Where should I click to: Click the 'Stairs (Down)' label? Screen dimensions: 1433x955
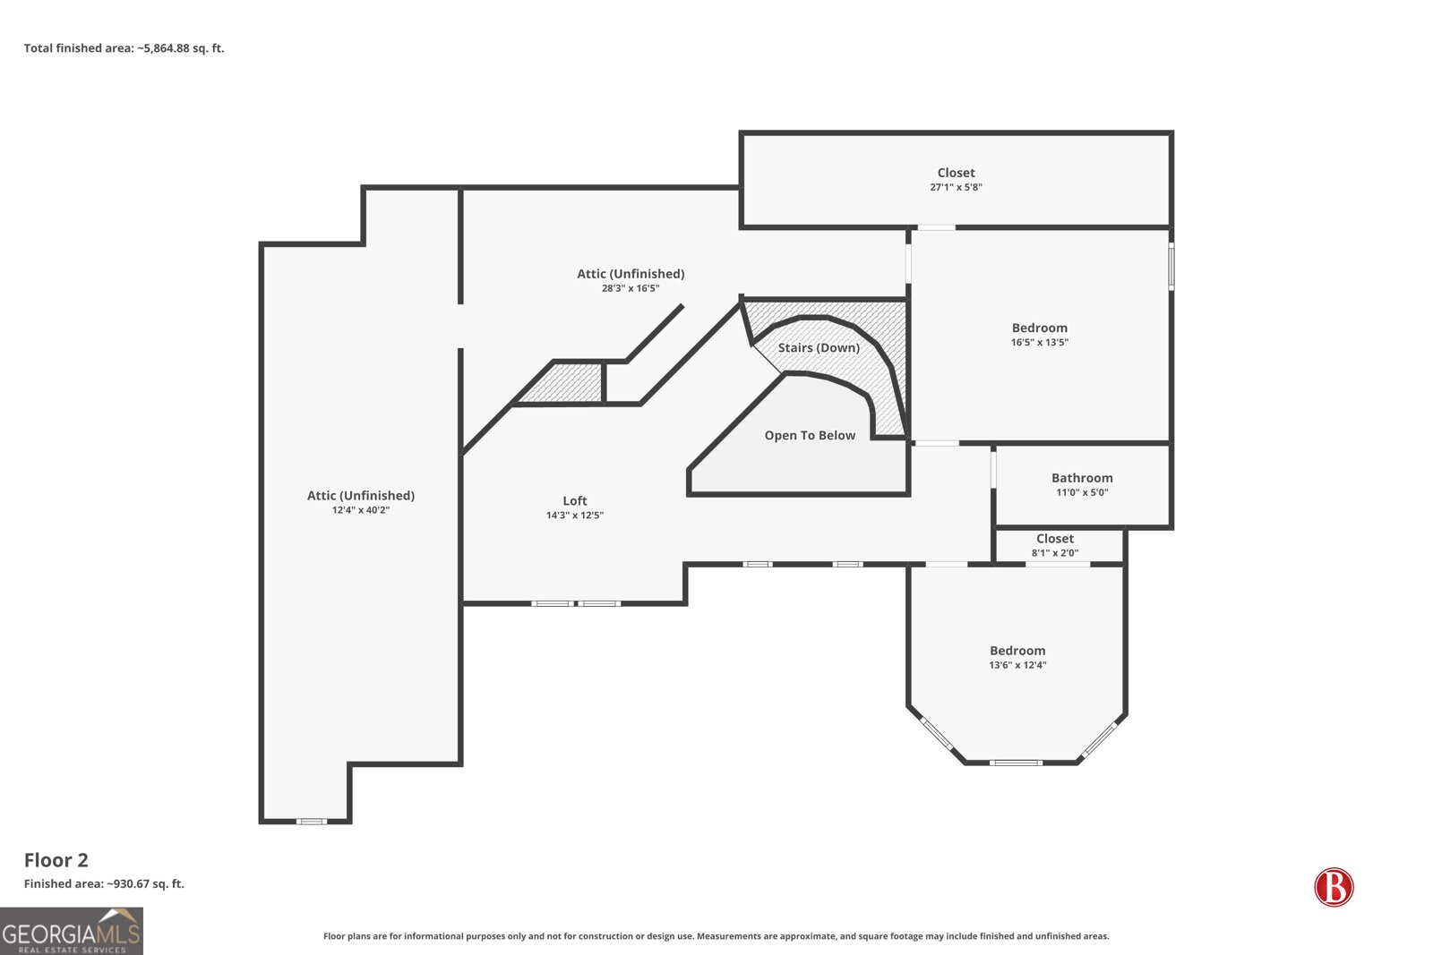819,348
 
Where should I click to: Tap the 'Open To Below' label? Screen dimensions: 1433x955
810,435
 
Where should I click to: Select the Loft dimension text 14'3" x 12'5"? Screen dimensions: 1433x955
574,516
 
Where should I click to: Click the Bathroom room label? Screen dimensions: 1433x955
1082,478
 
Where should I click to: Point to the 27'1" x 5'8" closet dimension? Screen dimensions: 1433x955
956,187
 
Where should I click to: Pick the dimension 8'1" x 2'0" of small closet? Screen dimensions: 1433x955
1055,553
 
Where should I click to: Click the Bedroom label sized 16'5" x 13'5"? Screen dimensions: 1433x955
1040,328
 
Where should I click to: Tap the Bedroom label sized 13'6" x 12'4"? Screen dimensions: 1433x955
1017,651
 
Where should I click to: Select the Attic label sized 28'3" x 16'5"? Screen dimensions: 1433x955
631,274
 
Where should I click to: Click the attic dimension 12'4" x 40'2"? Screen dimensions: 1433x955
361,510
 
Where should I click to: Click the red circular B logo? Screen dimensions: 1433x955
1334,887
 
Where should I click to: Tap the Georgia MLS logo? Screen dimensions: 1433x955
72,931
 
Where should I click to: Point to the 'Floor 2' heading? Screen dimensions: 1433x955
56,860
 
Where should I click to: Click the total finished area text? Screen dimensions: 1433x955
124,48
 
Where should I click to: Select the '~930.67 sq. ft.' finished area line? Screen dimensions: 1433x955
104,883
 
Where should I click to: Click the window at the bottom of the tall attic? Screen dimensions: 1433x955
311,822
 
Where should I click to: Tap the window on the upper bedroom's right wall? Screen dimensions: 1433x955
1171,266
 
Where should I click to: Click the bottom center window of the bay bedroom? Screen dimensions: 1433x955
1016,763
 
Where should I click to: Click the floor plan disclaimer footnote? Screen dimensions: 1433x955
716,936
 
